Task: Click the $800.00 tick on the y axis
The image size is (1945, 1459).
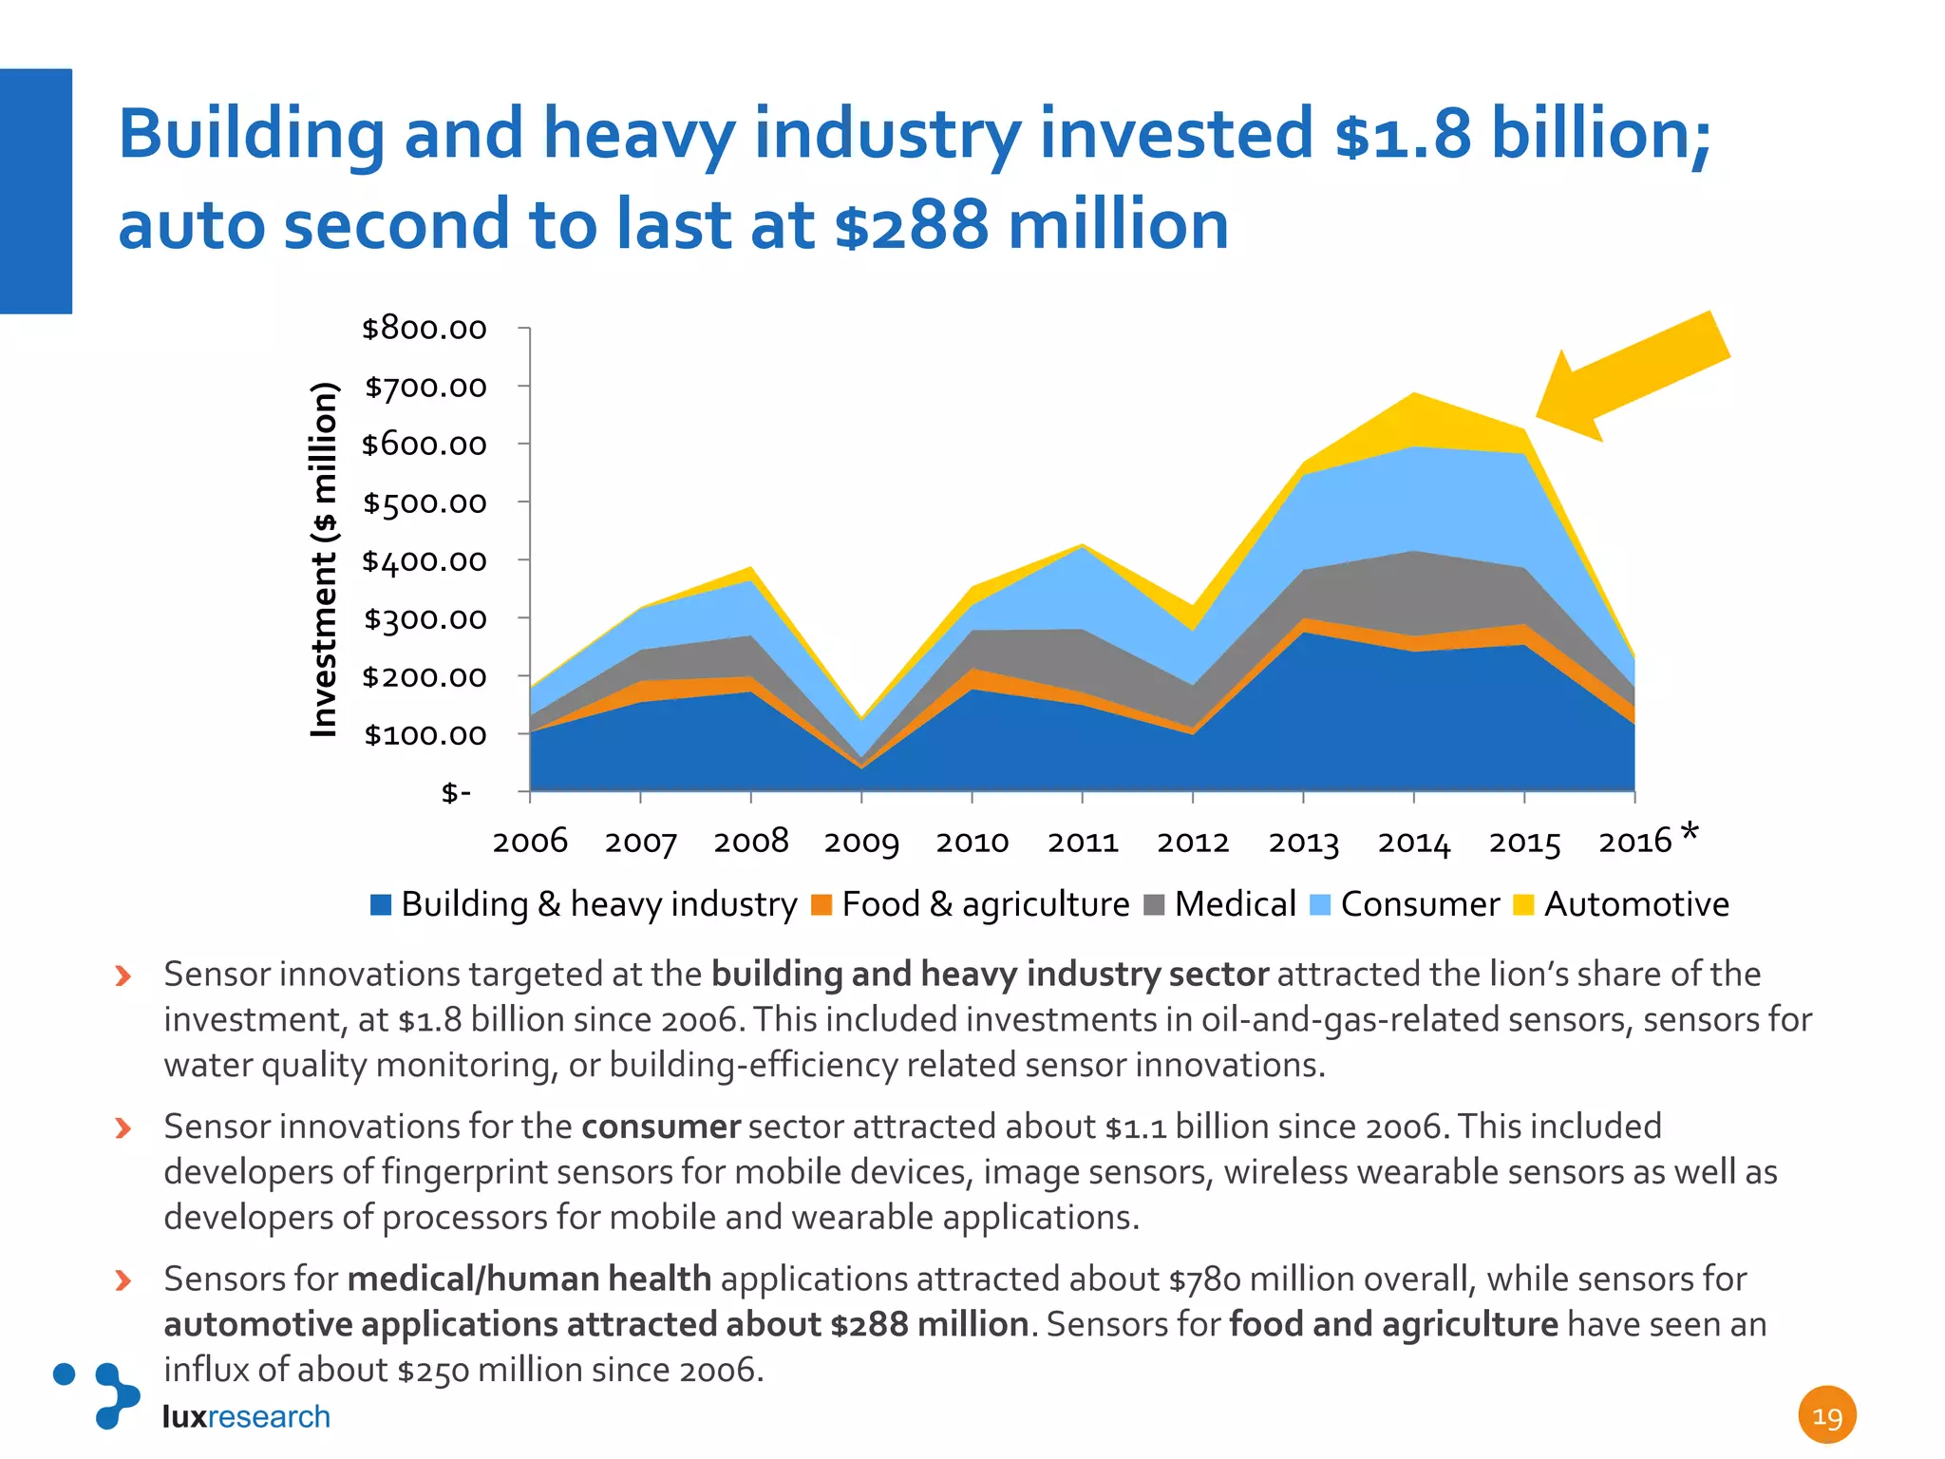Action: (424, 329)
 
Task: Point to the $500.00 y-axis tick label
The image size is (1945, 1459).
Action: (424, 502)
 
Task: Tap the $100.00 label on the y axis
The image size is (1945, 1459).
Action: (424, 734)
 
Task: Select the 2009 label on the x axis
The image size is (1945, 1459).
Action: (861, 843)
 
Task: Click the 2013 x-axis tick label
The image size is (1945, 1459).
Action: (1303, 843)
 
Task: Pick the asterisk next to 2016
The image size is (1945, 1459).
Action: (1689, 834)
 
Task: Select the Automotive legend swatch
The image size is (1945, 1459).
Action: (1523, 904)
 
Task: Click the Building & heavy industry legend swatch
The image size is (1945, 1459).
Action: (381, 904)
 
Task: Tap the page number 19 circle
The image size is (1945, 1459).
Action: (1826, 1415)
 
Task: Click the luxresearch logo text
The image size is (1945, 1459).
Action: (246, 1416)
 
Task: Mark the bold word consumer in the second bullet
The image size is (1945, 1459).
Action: (660, 1127)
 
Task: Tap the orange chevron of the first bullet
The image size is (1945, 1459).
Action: (123, 976)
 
